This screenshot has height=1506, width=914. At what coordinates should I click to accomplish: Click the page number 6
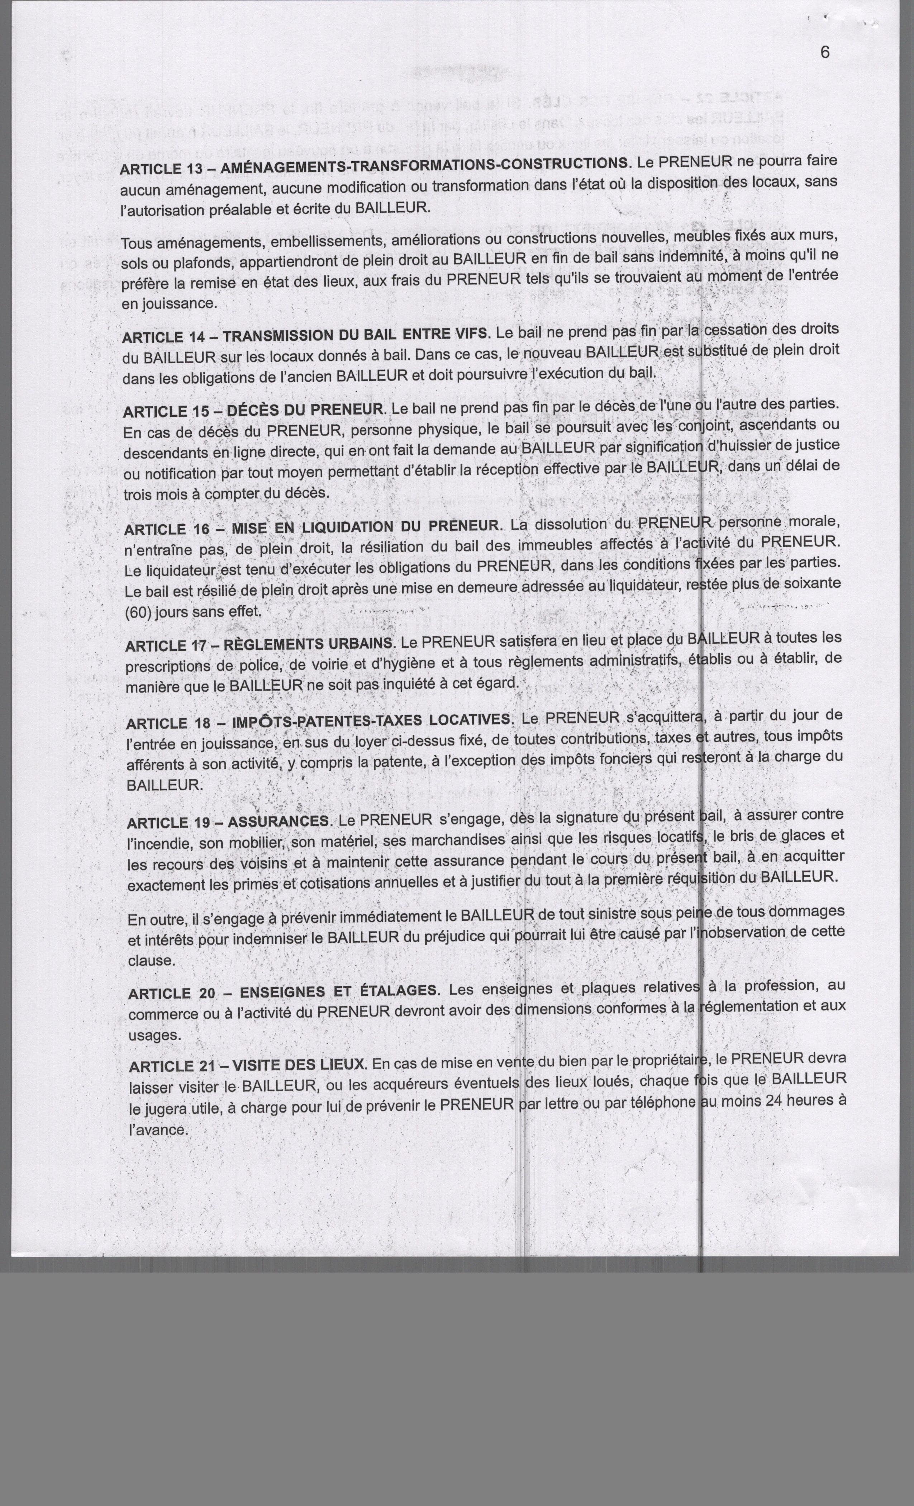click(825, 53)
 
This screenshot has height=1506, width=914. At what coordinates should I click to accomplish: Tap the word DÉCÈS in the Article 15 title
click(255, 411)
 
